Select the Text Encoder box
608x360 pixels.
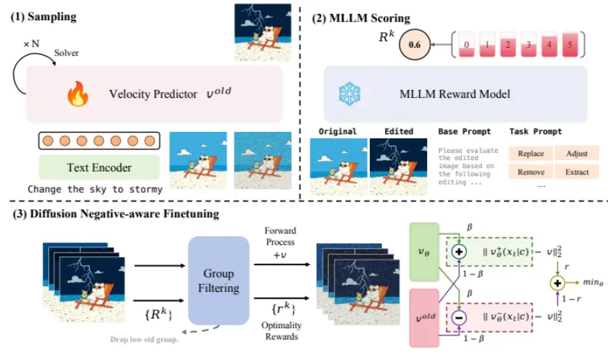(x=99, y=167)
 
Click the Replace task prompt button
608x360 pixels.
(x=530, y=154)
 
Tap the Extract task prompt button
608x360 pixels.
(x=578, y=172)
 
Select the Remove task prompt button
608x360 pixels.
(x=530, y=172)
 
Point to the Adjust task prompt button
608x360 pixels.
(x=578, y=154)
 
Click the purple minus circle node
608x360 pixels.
(x=458, y=317)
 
